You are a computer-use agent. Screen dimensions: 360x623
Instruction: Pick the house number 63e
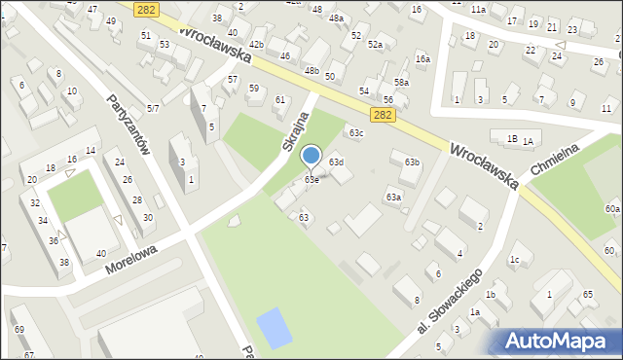(x=311, y=180)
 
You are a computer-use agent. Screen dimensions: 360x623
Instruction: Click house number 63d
(x=336, y=162)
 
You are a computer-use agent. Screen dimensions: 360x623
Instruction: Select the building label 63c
(x=356, y=133)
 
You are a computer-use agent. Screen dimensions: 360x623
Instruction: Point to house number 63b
(x=412, y=162)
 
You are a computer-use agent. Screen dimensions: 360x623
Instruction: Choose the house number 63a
(x=392, y=198)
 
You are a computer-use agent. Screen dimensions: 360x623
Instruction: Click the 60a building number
(x=611, y=209)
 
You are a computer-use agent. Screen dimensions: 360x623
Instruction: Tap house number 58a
(x=401, y=84)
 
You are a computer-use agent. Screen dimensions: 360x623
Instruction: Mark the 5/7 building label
(x=153, y=108)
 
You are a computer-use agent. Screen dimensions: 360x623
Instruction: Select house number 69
(x=19, y=330)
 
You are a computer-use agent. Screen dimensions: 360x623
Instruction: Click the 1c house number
(x=514, y=259)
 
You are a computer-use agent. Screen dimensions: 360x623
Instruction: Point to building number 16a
(x=422, y=59)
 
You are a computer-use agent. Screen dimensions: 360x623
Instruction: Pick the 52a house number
(x=375, y=45)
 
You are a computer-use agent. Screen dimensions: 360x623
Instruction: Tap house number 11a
(x=477, y=9)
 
